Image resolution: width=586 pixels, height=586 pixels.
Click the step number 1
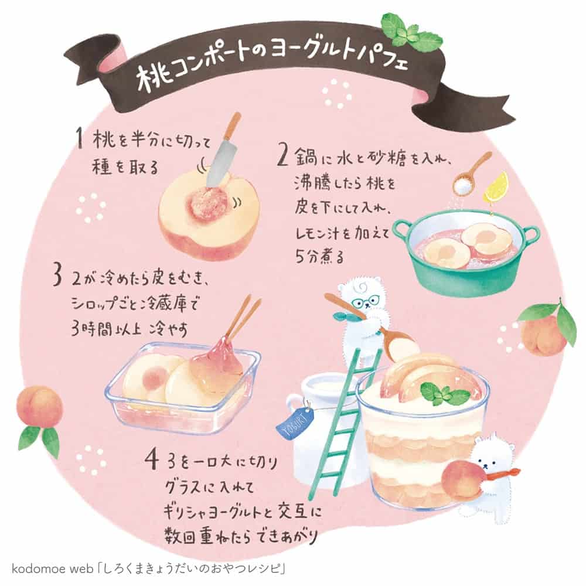click(79, 138)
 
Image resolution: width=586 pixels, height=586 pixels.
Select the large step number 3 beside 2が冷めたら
click(57, 276)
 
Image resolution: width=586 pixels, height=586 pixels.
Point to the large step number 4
click(152, 461)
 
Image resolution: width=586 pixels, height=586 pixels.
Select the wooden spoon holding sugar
click(471, 175)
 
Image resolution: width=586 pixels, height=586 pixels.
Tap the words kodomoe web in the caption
click(52, 569)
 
